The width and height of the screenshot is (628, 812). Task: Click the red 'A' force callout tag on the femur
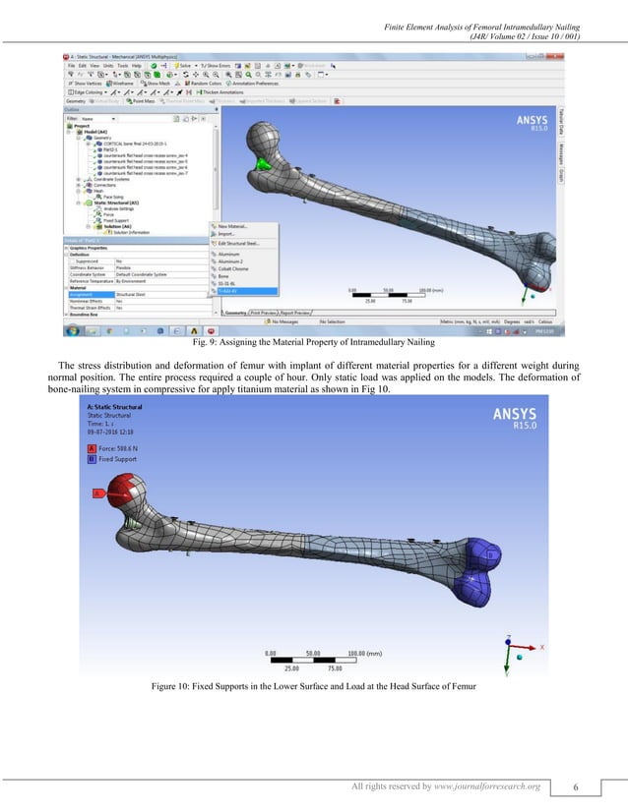pos(97,492)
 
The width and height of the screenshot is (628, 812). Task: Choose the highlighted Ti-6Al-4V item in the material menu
pos(231,291)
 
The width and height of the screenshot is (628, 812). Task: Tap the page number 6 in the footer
pos(561,786)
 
